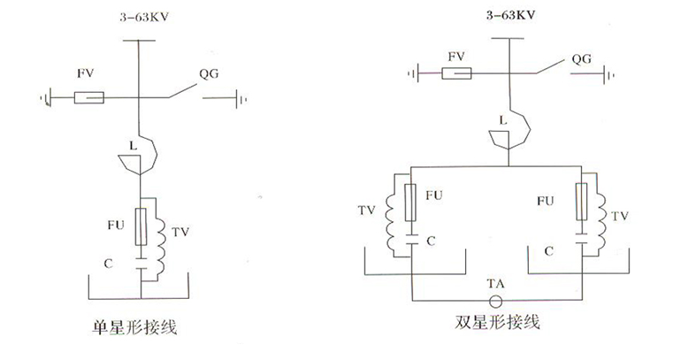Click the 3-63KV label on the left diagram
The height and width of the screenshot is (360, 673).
pos(139,17)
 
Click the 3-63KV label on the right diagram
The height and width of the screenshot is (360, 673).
pos(509,13)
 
